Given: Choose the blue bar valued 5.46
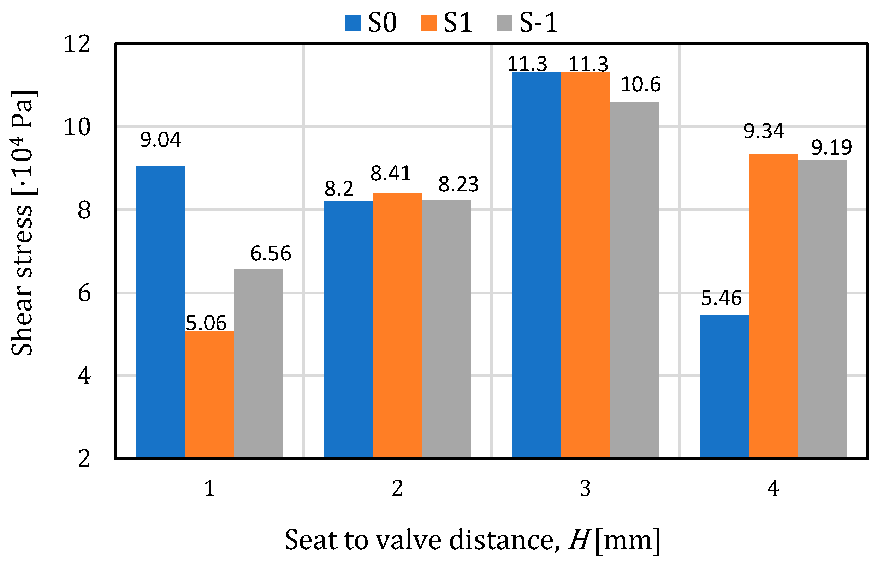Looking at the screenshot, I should [724, 386].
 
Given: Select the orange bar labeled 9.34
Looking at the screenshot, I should [773, 306].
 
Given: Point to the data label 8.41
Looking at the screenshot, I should [390, 173].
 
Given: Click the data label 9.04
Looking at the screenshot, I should [160, 140].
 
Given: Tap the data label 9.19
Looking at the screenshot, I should [831, 148].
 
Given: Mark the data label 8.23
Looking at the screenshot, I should [458, 184].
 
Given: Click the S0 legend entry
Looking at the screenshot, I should [371, 23].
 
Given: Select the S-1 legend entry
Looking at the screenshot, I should [527, 23].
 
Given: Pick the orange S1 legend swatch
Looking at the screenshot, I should [428, 23].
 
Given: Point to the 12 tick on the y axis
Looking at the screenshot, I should [77, 44].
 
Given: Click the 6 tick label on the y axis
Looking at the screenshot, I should [84, 293].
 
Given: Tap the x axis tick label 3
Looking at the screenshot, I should [585, 488].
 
